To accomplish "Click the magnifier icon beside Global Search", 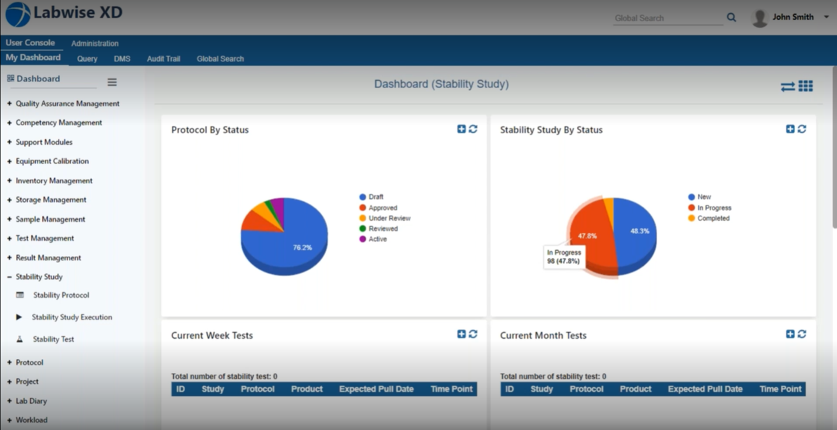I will click(x=731, y=18).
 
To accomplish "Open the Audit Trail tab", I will click(x=163, y=59).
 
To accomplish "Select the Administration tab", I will click(x=95, y=43).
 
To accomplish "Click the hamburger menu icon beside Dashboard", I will click(x=112, y=82).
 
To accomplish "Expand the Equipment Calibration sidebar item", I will click(x=52, y=161).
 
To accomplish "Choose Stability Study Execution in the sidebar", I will click(x=71, y=317).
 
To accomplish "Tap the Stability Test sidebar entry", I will click(x=53, y=339).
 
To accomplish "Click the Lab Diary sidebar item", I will click(x=31, y=401).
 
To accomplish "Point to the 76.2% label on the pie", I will click(x=302, y=247).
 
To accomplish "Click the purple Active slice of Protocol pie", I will click(x=279, y=206).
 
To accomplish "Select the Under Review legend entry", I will click(x=389, y=218).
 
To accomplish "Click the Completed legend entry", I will click(x=713, y=218).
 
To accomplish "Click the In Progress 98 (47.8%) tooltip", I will click(x=564, y=257).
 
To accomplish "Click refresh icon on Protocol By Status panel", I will click(x=473, y=129).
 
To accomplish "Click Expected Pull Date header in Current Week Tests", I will click(x=376, y=389).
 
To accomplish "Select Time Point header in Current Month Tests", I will click(x=780, y=389).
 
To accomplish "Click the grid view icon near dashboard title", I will click(x=806, y=86).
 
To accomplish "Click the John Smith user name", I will click(x=793, y=17).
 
